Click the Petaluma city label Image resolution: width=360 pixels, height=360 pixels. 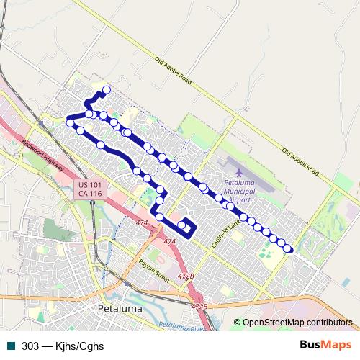pyautogui.click(x=119, y=309)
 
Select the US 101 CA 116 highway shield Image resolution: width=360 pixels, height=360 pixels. pyautogui.click(x=91, y=189)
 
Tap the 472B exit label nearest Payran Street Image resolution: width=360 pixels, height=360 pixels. pyautogui.click(x=186, y=276)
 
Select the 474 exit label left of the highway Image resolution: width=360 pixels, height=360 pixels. pyautogui.click(x=142, y=224)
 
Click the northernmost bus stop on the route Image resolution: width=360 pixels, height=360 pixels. pyautogui.click(x=107, y=90)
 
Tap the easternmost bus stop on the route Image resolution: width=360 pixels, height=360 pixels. pyautogui.click(x=288, y=248)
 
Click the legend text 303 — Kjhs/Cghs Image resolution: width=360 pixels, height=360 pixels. pyautogui.click(x=63, y=346)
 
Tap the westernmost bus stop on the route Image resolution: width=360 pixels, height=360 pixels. pyautogui.click(x=71, y=123)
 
